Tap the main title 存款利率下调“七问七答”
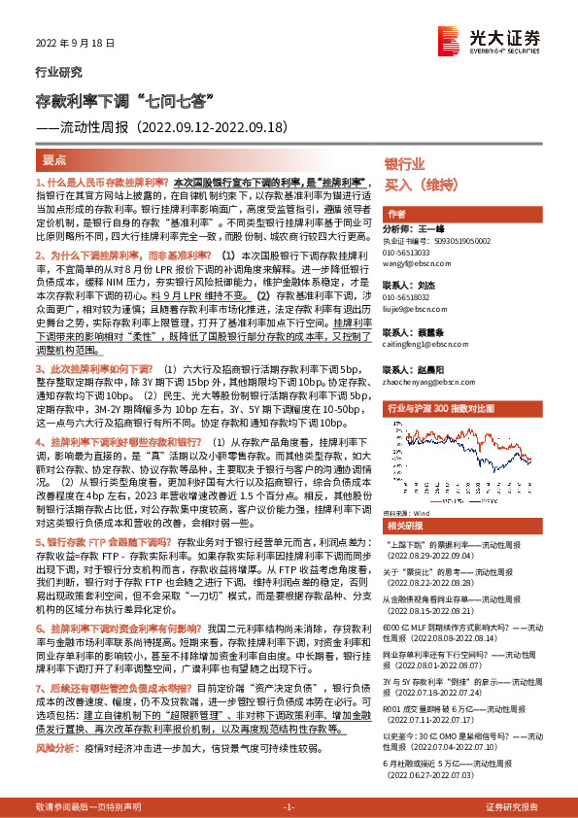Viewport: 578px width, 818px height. click(x=124, y=101)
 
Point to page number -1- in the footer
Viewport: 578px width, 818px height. click(x=288, y=807)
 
